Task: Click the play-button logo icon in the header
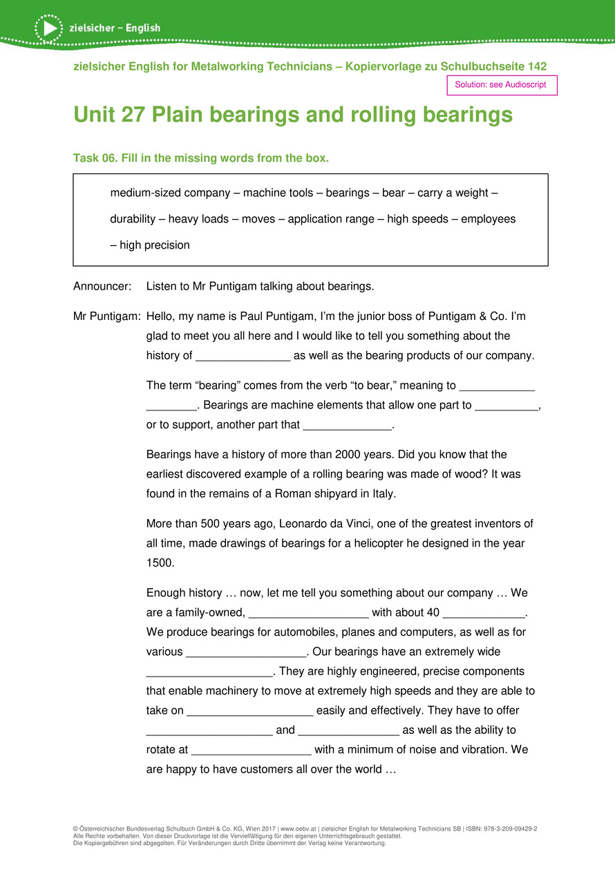48,28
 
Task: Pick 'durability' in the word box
133,219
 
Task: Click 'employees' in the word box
488,219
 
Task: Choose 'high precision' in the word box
154,245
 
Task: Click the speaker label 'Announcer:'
102,285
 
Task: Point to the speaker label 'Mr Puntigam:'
107,316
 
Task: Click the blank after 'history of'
243,357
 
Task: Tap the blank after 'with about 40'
483,612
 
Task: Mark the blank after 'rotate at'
252,750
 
